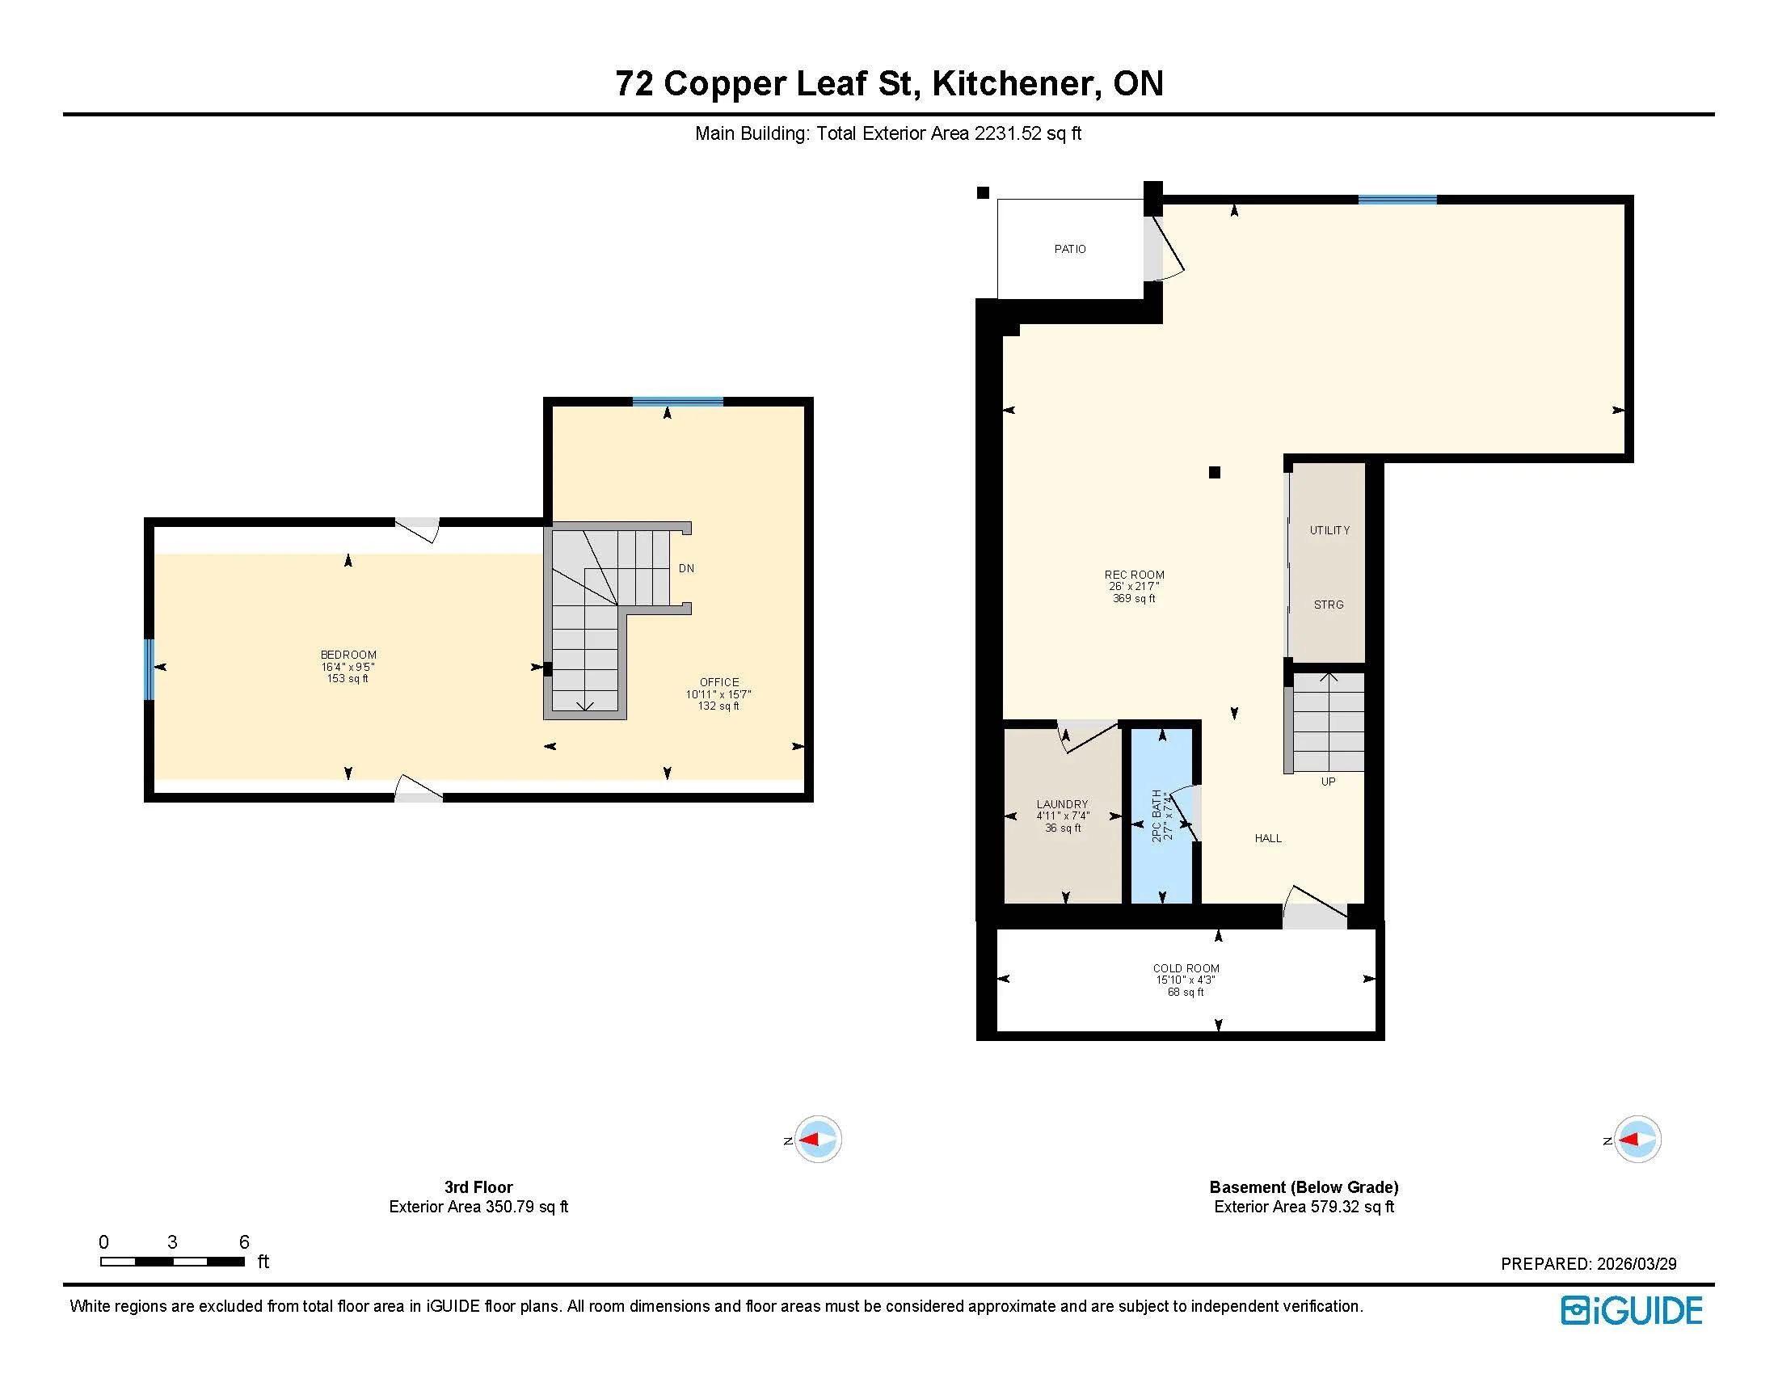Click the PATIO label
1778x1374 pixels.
[1069, 249]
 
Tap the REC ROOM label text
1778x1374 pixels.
[1134, 575]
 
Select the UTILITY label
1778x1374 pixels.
[1329, 531]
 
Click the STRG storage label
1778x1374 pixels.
[1328, 605]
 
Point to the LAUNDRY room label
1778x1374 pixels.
[1062, 804]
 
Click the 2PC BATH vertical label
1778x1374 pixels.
[1157, 815]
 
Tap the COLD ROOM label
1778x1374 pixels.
[1186, 968]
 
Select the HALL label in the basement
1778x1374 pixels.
[1267, 838]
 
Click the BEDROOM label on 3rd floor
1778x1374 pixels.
[348, 655]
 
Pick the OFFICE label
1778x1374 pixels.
[718, 682]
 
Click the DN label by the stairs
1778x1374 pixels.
[686, 568]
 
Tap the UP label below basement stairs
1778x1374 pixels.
[1328, 782]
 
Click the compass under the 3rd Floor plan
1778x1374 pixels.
[817, 1140]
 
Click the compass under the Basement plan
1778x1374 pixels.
[1637, 1140]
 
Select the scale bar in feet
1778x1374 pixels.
[173, 1262]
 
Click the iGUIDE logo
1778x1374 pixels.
[1631, 1310]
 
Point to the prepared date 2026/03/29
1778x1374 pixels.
[1636, 1264]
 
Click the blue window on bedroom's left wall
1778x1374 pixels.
[149, 670]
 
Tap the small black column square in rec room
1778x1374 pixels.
[1214, 472]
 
